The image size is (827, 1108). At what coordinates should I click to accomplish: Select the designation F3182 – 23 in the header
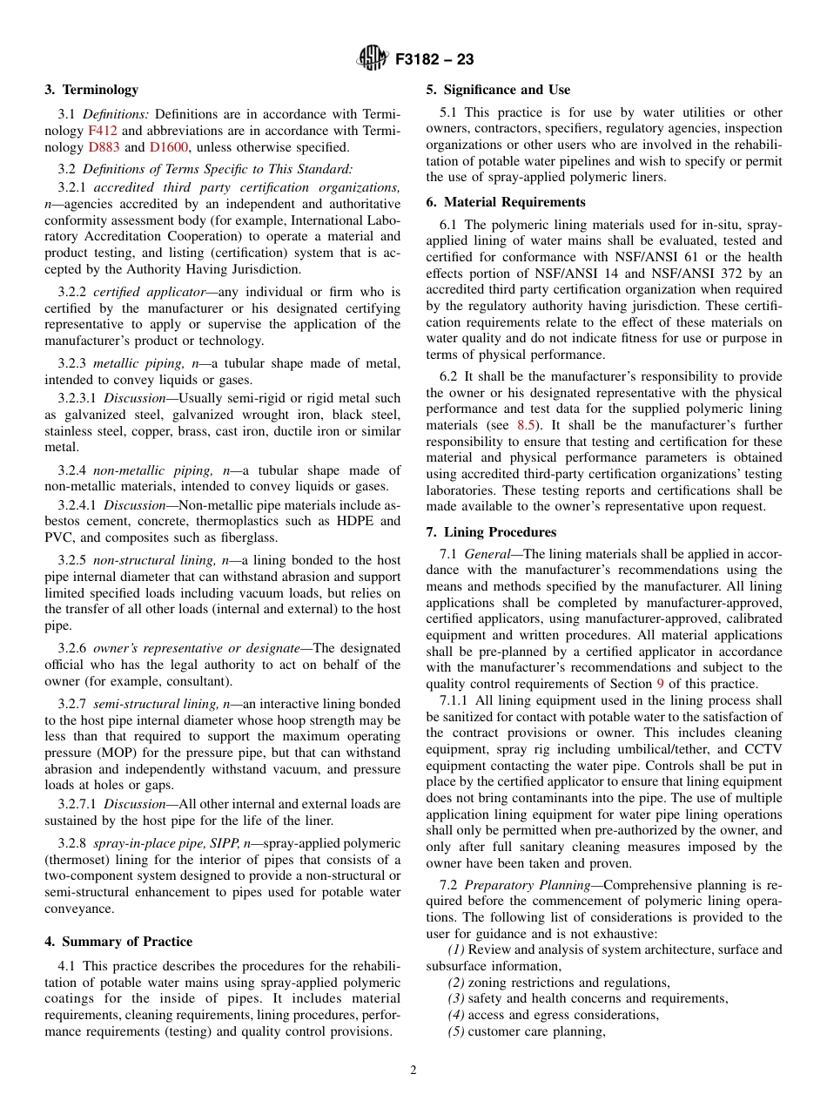coord(434,60)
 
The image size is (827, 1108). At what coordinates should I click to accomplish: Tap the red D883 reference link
coord(104,147)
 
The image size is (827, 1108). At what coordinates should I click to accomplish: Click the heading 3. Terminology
coord(91,90)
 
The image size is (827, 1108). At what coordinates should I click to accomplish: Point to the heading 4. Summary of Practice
coord(118,942)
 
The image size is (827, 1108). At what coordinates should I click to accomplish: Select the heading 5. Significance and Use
coord(498,90)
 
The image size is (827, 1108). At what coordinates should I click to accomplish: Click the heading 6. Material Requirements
coord(505,202)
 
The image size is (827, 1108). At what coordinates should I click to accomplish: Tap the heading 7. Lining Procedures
coord(491,532)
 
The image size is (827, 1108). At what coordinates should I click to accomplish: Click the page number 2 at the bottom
coord(413,1071)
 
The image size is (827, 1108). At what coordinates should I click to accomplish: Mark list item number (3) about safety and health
coord(456,998)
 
